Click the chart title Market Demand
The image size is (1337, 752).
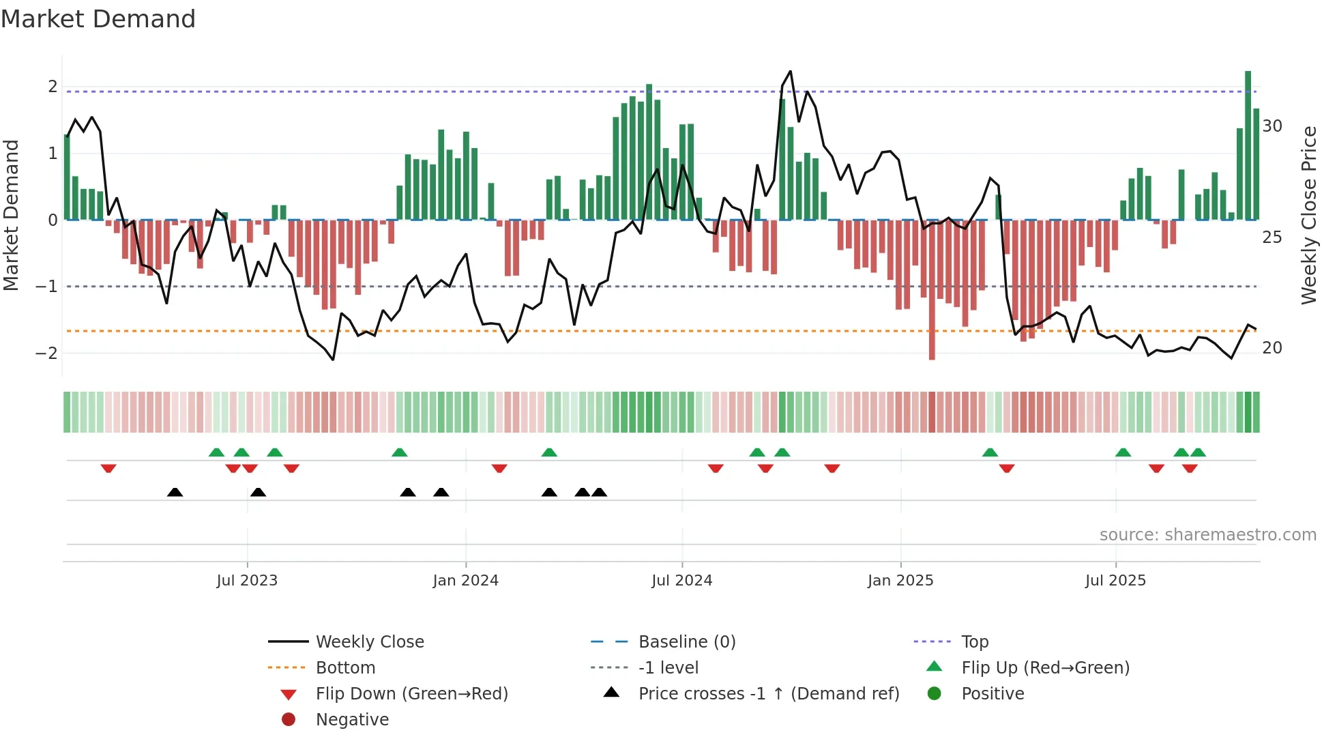pyautogui.click(x=98, y=18)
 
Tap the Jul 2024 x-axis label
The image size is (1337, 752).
pyautogui.click(x=681, y=581)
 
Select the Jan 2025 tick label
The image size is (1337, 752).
pyautogui.click(x=900, y=581)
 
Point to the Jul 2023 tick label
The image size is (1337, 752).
pyautogui.click(x=247, y=581)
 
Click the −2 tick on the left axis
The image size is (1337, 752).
pyautogui.click(x=46, y=353)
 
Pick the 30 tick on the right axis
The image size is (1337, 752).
pyautogui.click(x=1272, y=126)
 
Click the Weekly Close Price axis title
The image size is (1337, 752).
pyautogui.click(x=1308, y=215)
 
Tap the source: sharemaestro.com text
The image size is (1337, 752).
pyautogui.click(x=1207, y=534)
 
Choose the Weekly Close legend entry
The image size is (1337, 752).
pyautogui.click(x=369, y=641)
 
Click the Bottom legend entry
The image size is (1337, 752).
pyautogui.click(x=345, y=667)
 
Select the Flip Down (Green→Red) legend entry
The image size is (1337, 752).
pyautogui.click(x=411, y=693)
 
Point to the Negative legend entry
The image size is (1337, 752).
pyautogui.click(x=352, y=719)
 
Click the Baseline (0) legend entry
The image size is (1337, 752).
pyautogui.click(x=686, y=641)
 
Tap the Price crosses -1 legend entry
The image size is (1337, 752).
pyautogui.click(x=768, y=693)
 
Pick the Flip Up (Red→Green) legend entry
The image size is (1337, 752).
pyautogui.click(x=1045, y=667)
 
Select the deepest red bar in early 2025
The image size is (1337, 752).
pyautogui.click(x=932, y=289)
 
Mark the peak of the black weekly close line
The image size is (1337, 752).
pyautogui.click(x=791, y=71)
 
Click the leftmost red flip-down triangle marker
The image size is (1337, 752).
pyautogui.click(x=108, y=468)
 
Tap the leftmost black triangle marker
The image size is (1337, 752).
pyautogui.click(x=175, y=492)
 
